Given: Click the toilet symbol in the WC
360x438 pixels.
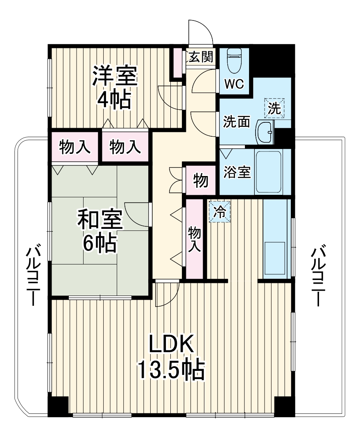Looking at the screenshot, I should click(x=235, y=61).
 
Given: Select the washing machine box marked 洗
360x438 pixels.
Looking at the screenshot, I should click(x=274, y=108).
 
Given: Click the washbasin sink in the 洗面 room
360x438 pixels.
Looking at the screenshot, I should click(x=265, y=133).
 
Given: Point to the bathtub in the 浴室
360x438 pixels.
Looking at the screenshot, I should click(x=268, y=172).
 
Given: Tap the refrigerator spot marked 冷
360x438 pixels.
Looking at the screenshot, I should click(x=220, y=212).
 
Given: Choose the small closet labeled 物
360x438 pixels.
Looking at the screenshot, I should click(x=200, y=180).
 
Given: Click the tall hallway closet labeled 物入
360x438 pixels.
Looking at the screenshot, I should click(x=195, y=239).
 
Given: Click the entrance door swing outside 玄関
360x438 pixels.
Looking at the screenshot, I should click(x=199, y=32).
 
